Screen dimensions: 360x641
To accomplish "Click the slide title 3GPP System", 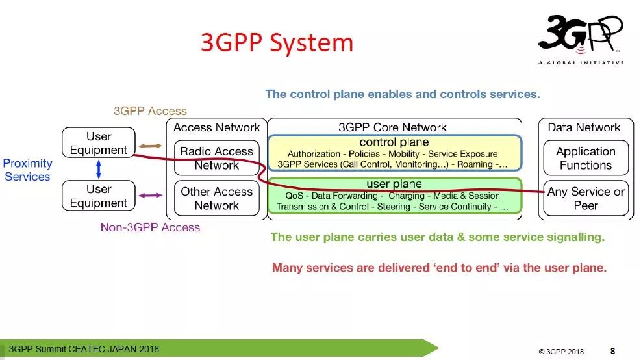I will pos(277,43).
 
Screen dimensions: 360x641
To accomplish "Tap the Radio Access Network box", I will pos(216,158).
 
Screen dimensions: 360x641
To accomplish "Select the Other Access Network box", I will pos(216,198).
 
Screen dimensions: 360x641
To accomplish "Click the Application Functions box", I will pos(585,158).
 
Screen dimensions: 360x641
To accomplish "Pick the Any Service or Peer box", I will pos(585,198).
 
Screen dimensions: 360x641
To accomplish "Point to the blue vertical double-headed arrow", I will pos(98,170).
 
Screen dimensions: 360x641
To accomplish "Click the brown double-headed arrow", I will pos(150,146).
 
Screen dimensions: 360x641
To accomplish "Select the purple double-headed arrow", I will pos(150,195).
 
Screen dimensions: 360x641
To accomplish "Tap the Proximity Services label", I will pos(27,170).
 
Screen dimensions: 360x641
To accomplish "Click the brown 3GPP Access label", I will pos(150,111).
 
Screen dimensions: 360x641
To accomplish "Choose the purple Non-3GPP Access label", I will pos(150,227).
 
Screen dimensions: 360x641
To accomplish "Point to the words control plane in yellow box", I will pos(394,142).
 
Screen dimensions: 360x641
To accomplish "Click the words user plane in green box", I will pos(394,185).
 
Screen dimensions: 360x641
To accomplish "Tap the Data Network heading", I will pos(584,127).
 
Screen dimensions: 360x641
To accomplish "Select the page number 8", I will pos(613,350).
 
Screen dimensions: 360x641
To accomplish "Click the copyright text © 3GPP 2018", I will pos(560,352).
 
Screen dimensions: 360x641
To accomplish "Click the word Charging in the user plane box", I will pos(407,196).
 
